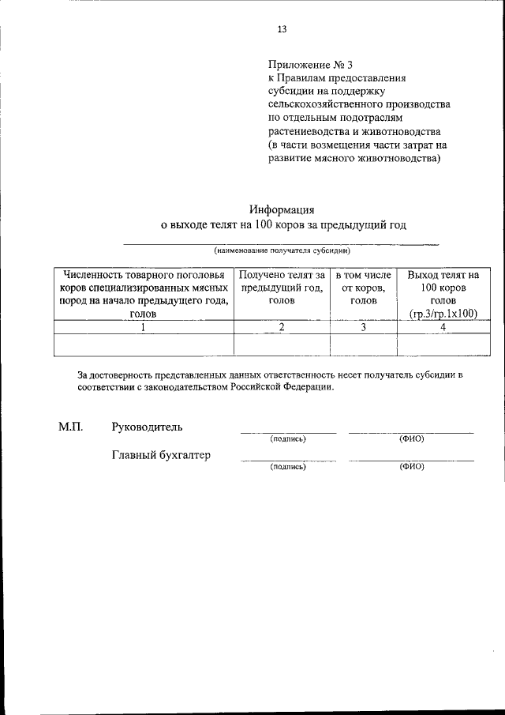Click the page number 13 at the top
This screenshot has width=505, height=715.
point(282,29)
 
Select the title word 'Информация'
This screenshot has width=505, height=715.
point(282,210)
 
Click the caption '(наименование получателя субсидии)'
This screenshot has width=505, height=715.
point(282,250)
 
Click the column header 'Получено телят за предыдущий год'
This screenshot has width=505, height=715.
point(282,288)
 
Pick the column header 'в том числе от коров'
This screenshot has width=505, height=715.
point(363,288)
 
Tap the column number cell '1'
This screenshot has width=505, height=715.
point(143,327)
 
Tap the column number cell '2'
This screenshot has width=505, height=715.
point(282,327)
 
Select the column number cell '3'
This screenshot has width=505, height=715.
point(363,327)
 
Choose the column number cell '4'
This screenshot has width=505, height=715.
point(443,327)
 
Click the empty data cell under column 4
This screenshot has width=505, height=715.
point(443,345)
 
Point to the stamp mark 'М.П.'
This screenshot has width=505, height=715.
point(70,427)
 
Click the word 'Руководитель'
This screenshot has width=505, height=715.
point(148,427)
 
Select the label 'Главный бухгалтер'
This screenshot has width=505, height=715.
point(162,455)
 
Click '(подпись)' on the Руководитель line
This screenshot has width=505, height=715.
point(287,438)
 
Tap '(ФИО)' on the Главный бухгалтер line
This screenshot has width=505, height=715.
point(412,466)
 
